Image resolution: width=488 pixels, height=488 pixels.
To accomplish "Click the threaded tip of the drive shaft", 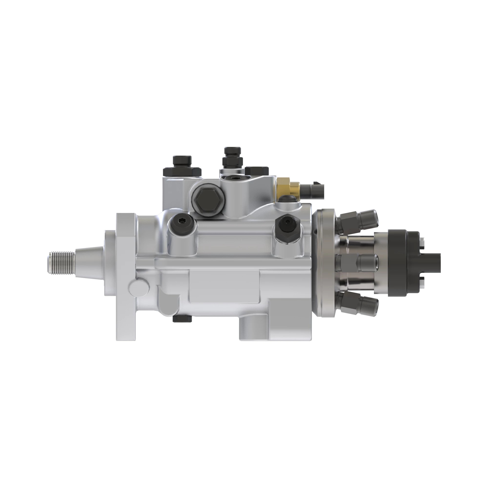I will point(60,263).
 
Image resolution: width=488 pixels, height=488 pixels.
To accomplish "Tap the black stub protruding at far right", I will point(432,263).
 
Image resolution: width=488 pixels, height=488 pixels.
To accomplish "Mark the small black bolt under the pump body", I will point(182,319).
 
